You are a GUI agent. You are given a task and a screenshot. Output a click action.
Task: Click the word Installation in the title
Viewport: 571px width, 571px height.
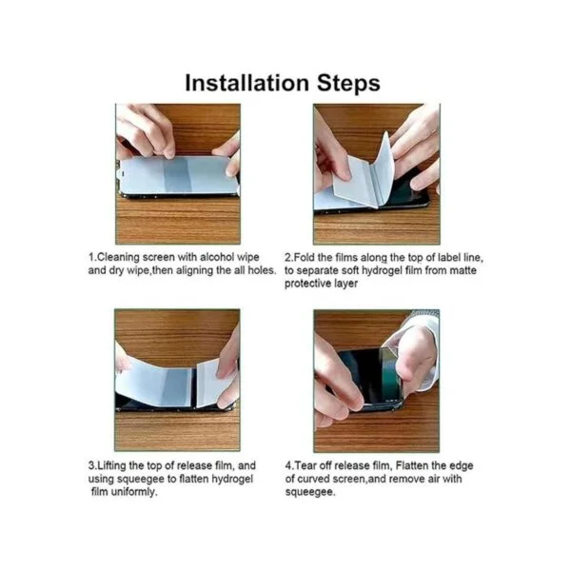(x=246, y=83)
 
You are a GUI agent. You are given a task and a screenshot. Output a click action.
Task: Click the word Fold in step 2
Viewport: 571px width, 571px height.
(x=305, y=258)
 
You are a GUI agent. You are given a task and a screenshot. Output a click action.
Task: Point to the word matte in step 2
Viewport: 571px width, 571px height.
(x=462, y=270)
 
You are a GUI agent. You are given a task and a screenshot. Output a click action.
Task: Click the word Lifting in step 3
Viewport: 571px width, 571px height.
(x=112, y=465)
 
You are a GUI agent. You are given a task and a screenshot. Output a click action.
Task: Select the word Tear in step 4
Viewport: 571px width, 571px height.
(x=305, y=465)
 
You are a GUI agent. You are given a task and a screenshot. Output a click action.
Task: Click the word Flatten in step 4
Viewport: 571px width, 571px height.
(x=413, y=465)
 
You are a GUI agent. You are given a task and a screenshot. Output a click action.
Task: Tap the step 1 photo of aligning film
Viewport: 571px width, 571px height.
(x=178, y=174)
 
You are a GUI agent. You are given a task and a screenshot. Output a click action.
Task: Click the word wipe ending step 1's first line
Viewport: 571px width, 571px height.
(x=248, y=258)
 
